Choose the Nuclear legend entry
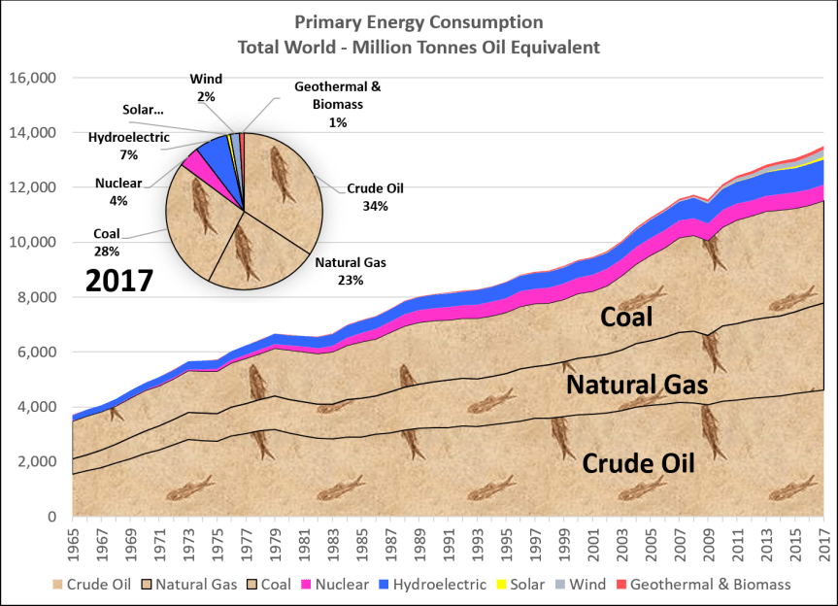(339, 585)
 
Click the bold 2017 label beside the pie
(119, 281)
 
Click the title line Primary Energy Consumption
(418, 22)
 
